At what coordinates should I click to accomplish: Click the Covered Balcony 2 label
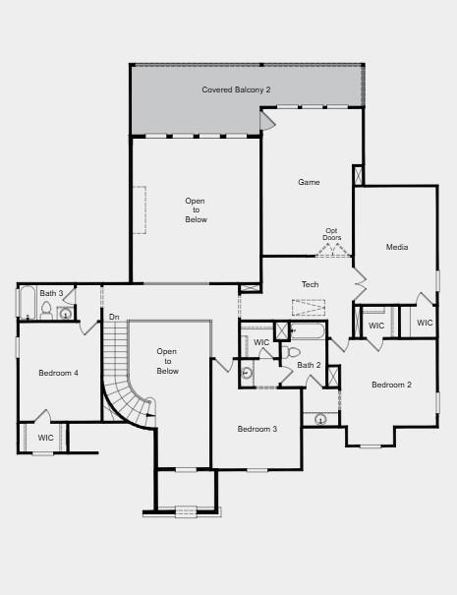click(x=236, y=89)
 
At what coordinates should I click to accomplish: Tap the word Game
click(x=310, y=182)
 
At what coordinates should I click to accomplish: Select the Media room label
click(x=397, y=247)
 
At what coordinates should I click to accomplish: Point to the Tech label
click(x=310, y=284)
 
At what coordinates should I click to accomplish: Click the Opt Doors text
click(x=332, y=234)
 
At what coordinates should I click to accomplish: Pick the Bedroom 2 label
click(x=391, y=385)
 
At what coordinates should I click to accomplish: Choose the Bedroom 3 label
click(x=257, y=429)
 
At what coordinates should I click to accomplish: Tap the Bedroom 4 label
click(x=58, y=373)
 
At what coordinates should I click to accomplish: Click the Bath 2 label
click(x=309, y=365)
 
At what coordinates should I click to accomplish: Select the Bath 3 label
click(x=51, y=293)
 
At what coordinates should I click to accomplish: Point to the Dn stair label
click(x=114, y=317)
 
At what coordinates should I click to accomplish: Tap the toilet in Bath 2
click(x=293, y=351)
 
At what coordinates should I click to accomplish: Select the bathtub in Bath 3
click(x=27, y=303)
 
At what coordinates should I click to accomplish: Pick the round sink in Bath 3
click(x=66, y=314)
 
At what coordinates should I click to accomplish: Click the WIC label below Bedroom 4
click(x=46, y=438)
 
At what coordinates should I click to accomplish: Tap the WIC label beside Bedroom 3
click(x=261, y=342)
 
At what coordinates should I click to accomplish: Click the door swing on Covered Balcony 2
click(x=266, y=120)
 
